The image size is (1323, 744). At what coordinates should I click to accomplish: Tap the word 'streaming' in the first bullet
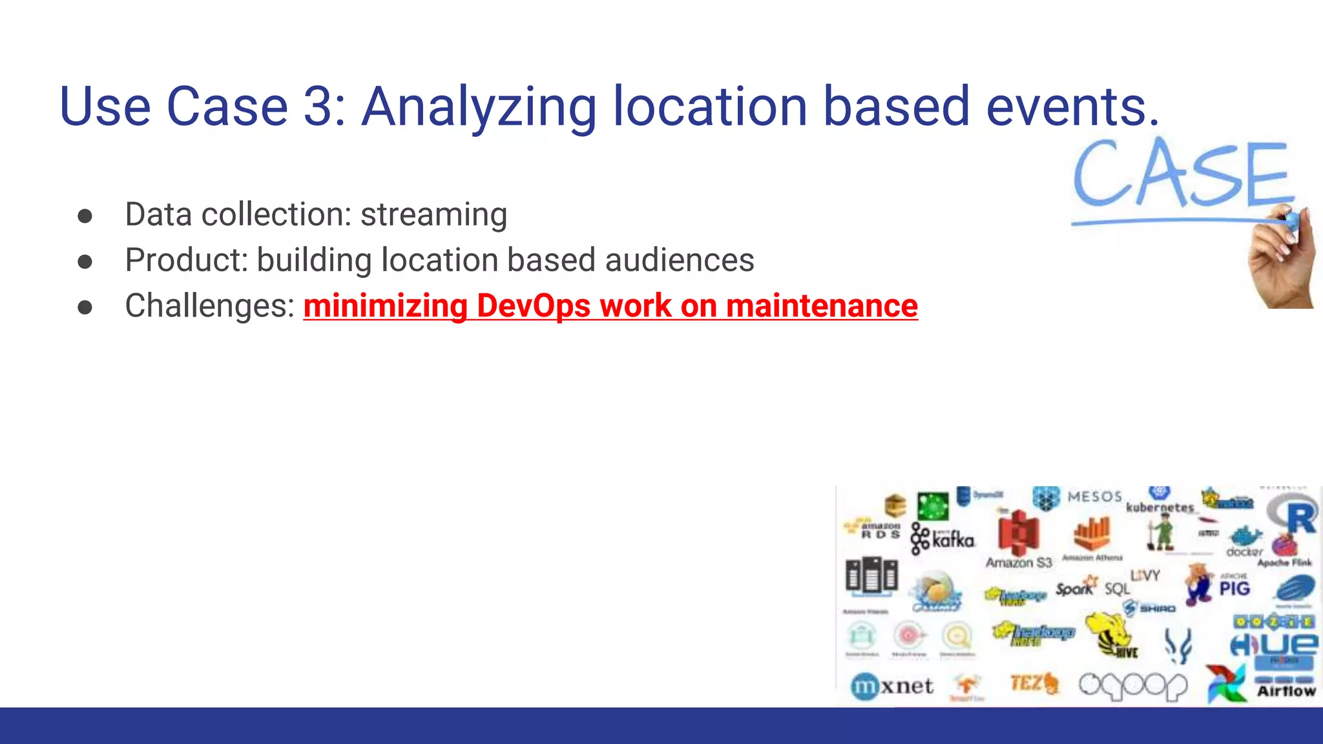(x=433, y=215)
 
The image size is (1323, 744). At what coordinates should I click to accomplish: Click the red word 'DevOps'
(x=533, y=306)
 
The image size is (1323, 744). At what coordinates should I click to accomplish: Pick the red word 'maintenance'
(x=822, y=306)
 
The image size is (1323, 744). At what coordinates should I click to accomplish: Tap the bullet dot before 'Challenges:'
(x=85, y=307)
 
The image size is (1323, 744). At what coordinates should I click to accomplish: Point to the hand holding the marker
(x=1282, y=258)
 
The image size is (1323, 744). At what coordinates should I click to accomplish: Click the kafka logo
(x=943, y=538)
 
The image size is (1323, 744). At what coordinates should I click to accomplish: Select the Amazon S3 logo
(x=1019, y=539)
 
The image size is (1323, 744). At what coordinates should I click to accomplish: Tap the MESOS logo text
(x=1094, y=497)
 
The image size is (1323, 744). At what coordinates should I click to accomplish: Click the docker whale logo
(x=1245, y=540)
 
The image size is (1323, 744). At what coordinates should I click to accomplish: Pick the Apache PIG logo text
(x=1234, y=588)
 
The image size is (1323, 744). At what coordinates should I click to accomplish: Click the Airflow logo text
(x=1286, y=691)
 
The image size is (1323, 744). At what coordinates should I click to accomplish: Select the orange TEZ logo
(x=1034, y=683)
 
